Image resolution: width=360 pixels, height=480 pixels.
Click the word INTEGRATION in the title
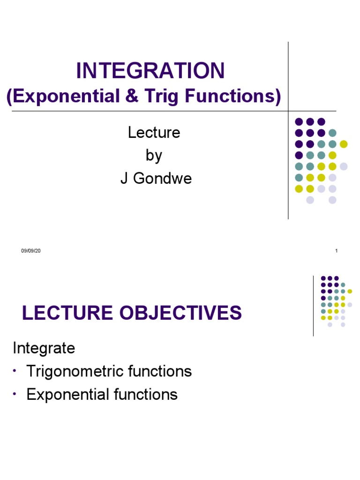click(x=150, y=71)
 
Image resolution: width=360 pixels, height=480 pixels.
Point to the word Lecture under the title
click(x=154, y=133)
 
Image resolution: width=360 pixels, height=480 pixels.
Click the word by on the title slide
click(x=154, y=155)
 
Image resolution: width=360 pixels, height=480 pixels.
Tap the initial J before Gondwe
click(x=124, y=179)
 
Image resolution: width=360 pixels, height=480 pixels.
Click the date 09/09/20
click(x=31, y=251)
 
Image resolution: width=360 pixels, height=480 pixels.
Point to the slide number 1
click(x=337, y=251)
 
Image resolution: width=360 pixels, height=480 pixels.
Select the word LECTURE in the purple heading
click(x=67, y=313)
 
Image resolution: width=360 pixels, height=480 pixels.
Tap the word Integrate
click(x=44, y=348)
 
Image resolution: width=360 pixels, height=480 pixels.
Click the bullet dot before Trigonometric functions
click(x=15, y=371)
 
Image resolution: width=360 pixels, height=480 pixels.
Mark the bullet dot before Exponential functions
click(x=15, y=394)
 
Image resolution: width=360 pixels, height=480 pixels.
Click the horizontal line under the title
click(x=141, y=111)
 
